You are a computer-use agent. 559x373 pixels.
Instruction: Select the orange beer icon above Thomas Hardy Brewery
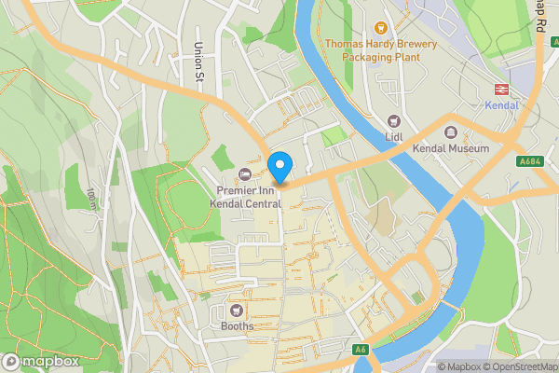pos(380,27)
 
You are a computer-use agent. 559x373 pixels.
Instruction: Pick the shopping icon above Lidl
pos(393,121)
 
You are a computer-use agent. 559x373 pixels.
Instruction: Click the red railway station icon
pos(501,90)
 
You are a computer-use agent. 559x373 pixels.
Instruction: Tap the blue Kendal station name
pos(501,105)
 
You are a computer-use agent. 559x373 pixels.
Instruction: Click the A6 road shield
pos(361,351)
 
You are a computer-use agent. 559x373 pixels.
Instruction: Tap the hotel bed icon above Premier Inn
pos(245,173)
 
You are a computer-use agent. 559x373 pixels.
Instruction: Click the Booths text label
pos(237,326)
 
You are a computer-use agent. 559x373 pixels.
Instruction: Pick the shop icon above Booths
pos(237,310)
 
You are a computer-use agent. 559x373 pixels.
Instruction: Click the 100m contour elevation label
pos(91,198)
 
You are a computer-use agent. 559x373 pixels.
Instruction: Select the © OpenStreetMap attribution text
pos(525,366)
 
